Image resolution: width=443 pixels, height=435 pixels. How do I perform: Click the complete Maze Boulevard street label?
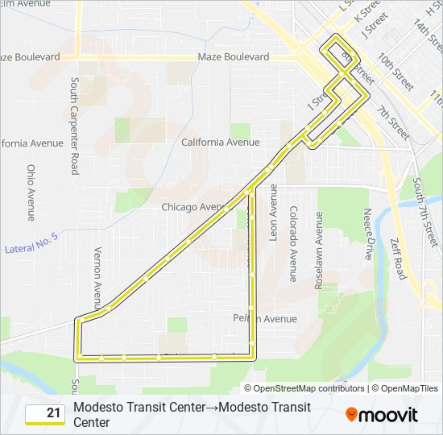click(x=234, y=57)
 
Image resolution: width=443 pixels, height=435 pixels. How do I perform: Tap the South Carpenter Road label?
click(x=74, y=126)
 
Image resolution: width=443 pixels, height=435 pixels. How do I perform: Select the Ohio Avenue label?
click(x=31, y=193)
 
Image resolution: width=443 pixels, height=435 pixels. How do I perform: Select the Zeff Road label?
click(x=397, y=258)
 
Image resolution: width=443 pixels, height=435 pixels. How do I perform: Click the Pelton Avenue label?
click(x=265, y=319)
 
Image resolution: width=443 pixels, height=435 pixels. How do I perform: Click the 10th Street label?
click(x=395, y=72)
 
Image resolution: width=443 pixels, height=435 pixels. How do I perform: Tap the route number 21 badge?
click(x=46, y=414)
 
